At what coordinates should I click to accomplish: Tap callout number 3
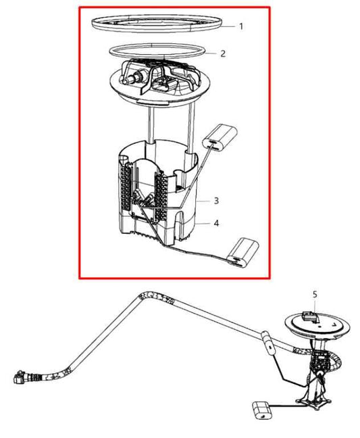click(x=215, y=201)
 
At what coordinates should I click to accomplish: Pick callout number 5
click(x=314, y=294)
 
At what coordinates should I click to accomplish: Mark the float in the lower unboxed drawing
click(x=263, y=410)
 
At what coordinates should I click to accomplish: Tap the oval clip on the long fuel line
click(x=268, y=345)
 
